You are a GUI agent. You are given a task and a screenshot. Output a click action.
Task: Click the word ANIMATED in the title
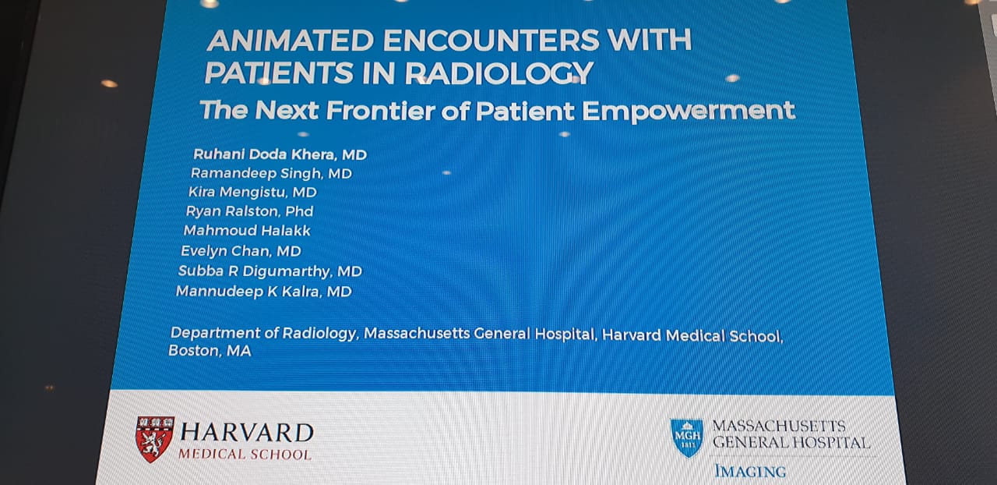tap(291, 40)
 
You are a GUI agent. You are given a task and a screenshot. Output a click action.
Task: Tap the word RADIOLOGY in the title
tap(499, 73)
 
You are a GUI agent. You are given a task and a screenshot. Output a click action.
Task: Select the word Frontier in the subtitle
tap(381, 110)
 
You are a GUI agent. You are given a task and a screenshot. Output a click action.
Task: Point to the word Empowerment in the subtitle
tap(689, 111)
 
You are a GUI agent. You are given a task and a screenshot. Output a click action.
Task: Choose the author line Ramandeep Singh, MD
tap(271, 173)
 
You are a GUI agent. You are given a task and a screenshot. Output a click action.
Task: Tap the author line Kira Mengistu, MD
tap(252, 192)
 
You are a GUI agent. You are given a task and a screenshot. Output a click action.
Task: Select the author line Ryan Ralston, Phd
tap(250, 211)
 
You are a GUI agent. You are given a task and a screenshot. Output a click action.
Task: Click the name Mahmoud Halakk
tap(247, 231)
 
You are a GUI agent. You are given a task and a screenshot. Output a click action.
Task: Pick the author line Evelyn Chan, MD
tap(241, 251)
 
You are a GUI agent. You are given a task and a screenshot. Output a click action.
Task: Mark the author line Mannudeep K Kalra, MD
tap(264, 292)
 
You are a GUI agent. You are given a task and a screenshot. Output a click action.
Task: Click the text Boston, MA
tap(210, 351)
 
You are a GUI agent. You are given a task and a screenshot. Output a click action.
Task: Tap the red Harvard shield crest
tap(154, 439)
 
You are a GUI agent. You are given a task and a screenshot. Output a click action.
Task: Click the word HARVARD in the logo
tap(247, 433)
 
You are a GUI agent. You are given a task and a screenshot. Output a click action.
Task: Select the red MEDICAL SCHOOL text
tap(245, 455)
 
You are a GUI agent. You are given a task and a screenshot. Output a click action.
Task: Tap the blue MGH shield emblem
tap(687, 437)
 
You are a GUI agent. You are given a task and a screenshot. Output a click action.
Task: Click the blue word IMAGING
tap(750, 471)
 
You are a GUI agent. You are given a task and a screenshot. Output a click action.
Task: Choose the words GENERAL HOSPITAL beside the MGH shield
tap(791, 442)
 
